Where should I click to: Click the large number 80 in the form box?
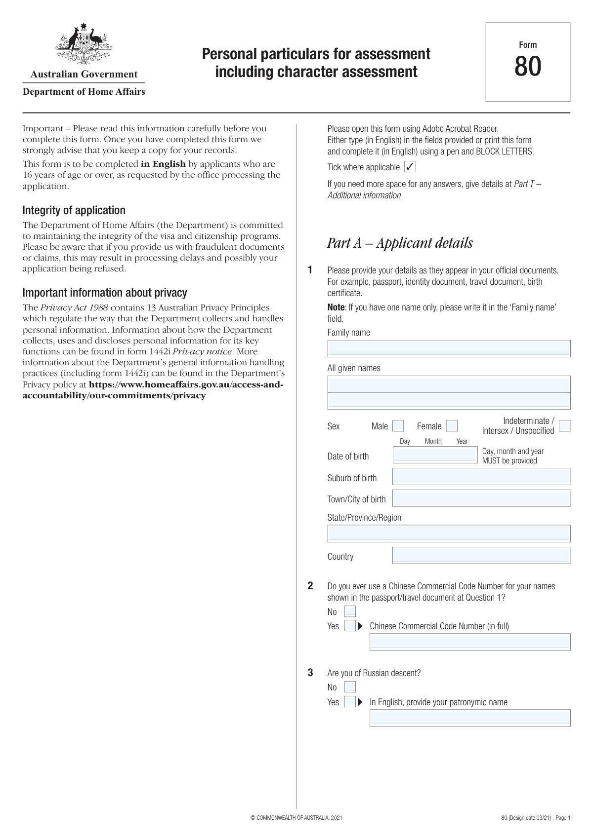(x=528, y=67)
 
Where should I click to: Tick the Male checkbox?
(x=398, y=426)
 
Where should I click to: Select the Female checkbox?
(x=452, y=426)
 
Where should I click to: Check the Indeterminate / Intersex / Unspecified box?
(x=564, y=426)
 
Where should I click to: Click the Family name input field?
(x=449, y=348)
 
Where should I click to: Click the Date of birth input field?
(x=435, y=455)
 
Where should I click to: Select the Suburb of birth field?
(x=481, y=477)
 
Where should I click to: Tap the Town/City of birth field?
(x=481, y=498)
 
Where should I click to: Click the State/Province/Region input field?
(x=449, y=533)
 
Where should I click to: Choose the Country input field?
(x=481, y=555)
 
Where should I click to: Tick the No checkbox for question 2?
(x=350, y=611)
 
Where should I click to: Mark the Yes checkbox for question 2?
(x=350, y=626)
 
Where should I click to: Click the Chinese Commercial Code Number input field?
(x=470, y=642)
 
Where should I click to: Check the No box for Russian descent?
(x=350, y=687)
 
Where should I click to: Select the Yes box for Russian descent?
(x=350, y=702)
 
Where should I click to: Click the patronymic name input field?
(x=470, y=718)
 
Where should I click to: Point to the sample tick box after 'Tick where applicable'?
(x=410, y=167)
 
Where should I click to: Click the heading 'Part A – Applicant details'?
(x=400, y=243)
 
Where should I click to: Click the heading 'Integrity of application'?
(x=74, y=210)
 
